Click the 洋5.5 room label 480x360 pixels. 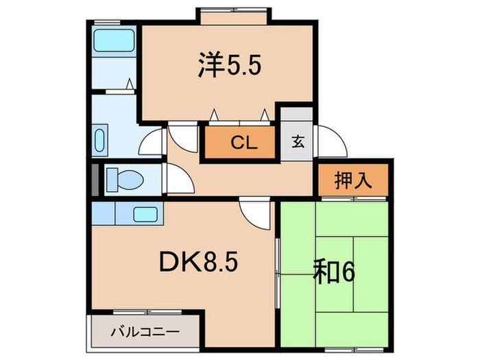coord(228,67)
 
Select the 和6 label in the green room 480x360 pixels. coord(333,272)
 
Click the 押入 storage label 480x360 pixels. coord(353,180)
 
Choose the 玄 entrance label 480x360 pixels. coord(298,143)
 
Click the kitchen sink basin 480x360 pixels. coord(145,214)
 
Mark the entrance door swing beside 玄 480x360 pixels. coord(328,143)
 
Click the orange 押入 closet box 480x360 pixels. coord(353,180)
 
